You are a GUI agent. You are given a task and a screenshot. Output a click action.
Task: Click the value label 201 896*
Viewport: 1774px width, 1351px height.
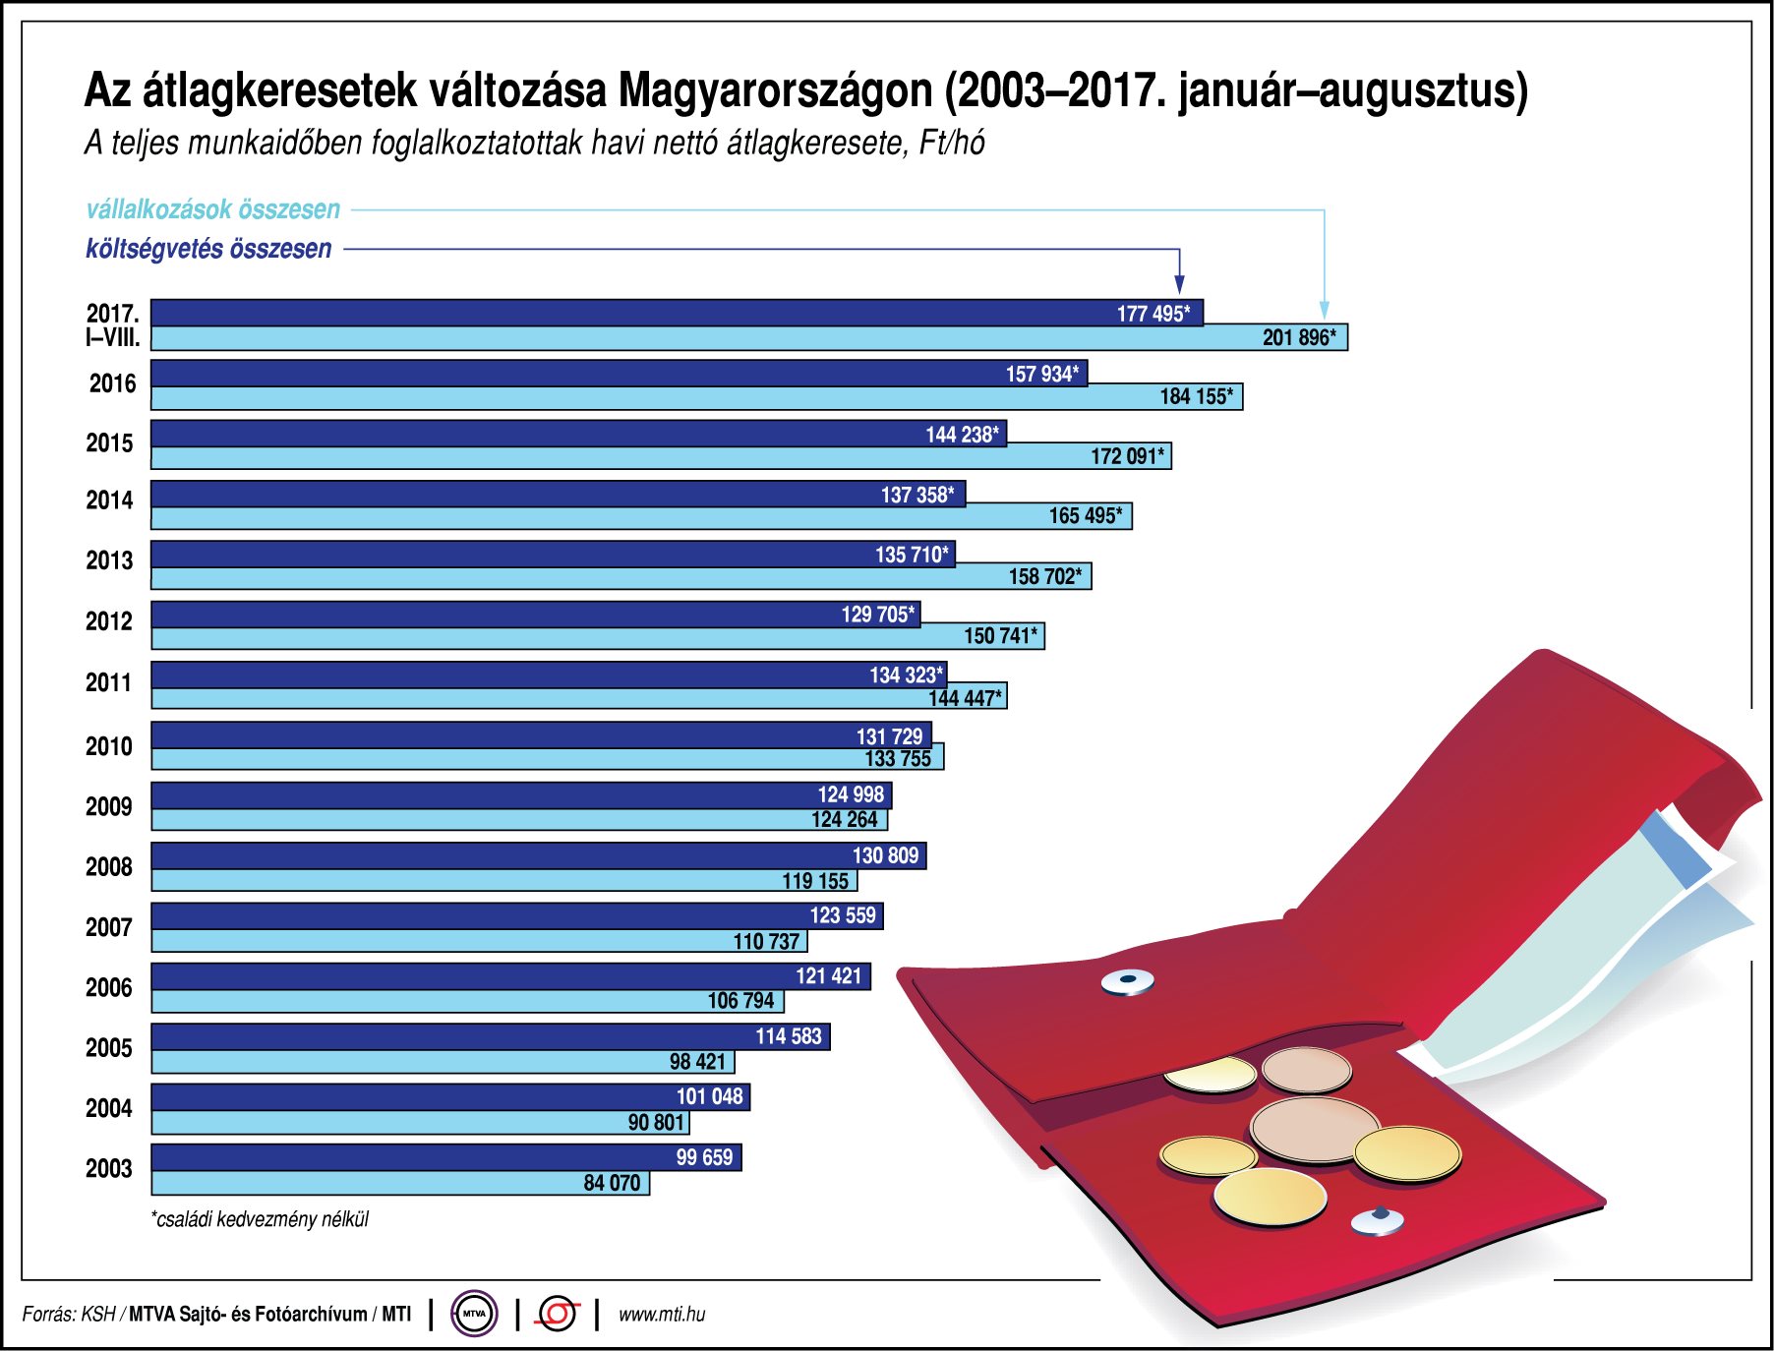[1298, 338]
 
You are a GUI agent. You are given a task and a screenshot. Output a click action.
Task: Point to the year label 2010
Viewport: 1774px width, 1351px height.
[108, 746]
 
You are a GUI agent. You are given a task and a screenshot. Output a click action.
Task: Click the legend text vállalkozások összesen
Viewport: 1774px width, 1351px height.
[213, 209]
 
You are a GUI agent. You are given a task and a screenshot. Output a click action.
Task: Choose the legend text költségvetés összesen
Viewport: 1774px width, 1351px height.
[208, 249]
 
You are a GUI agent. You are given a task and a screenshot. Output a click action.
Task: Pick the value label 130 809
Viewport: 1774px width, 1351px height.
[885, 855]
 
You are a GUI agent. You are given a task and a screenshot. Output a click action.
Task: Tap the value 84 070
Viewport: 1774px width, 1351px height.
[612, 1183]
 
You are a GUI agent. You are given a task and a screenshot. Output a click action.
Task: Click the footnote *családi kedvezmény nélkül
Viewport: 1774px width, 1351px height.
[260, 1219]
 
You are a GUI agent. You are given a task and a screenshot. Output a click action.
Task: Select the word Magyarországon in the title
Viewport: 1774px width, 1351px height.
[775, 90]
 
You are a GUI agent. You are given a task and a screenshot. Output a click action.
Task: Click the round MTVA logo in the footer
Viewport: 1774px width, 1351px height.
[474, 1314]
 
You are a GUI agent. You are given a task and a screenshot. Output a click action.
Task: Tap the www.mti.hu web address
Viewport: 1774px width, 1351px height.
[662, 1315]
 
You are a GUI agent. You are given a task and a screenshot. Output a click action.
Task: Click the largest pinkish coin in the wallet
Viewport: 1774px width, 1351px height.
[1314, 1129]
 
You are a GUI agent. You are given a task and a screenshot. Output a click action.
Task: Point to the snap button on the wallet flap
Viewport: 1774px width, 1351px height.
[1127, 980]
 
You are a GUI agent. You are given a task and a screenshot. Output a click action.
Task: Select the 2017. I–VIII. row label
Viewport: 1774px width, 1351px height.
[112, 325]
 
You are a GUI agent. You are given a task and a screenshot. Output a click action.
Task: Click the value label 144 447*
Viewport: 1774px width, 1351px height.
[965, 698]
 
